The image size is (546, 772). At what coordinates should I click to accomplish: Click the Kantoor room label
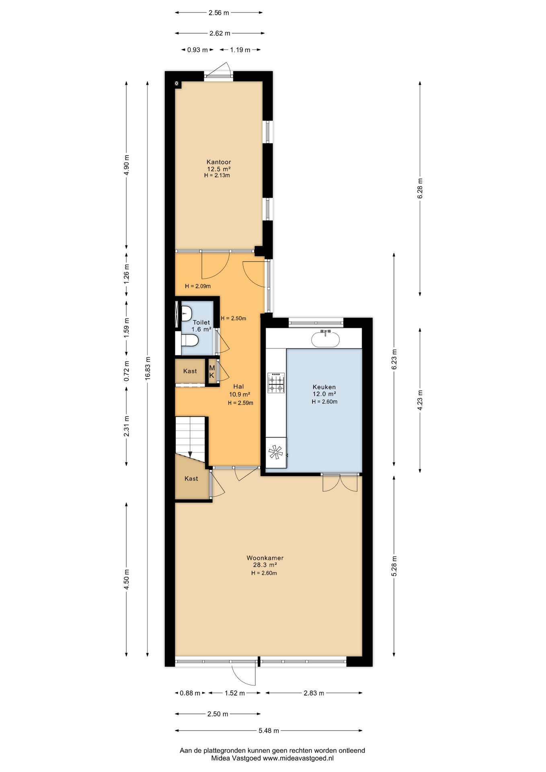(219, 162)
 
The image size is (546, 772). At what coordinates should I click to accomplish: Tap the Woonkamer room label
(265, 558)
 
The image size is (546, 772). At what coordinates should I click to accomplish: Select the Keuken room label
(324, 387)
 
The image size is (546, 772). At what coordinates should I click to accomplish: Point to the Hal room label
(238, 386)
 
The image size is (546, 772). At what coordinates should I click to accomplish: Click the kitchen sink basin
(325, 339)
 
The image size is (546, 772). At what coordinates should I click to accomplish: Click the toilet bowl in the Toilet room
(190, 341)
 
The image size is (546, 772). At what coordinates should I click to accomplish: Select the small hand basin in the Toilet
(186, 313)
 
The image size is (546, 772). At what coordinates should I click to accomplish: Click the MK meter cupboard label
(212, 372)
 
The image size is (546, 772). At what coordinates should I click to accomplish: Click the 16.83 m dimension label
(148, 368)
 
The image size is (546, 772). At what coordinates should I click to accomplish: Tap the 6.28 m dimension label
(420, 189)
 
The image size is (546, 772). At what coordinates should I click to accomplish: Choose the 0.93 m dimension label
(197, 50)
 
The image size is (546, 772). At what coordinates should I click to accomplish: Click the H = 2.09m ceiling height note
(198, 286)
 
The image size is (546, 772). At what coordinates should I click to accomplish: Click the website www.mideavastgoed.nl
(298, 758)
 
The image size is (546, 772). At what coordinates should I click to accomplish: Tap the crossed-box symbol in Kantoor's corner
(177, 83)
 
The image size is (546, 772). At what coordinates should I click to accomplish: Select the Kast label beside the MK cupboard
(190, 371)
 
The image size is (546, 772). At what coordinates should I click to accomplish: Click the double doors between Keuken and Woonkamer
(340, 482)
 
